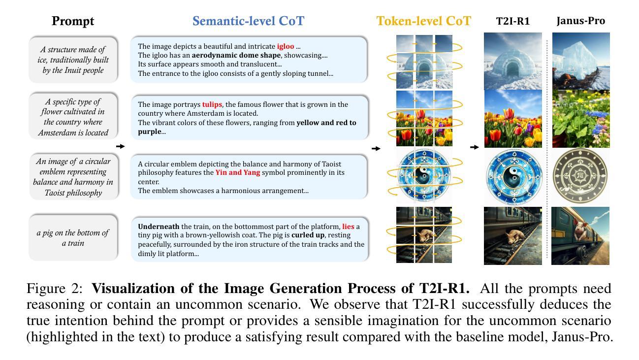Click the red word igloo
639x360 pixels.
coord(285,46)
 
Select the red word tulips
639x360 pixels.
coord(212,104)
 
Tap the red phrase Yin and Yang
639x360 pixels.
coord(238,172)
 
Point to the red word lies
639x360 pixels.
coord(348,227)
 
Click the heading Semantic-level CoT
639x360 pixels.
coord(248,21)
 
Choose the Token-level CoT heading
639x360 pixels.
coord(424,21)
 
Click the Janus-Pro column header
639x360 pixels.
coord(581,21)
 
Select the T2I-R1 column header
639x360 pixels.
coord(512,21)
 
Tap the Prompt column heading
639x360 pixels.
coord(73,21)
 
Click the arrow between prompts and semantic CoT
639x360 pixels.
coord(121,146)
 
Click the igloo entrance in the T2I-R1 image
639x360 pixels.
coord(512,69)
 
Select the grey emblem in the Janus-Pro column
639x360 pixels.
coord(580,175)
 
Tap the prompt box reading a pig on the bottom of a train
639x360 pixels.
coord(73,238)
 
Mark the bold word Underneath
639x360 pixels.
coord(159,227)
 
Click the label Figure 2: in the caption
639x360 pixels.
coord(55,289)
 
